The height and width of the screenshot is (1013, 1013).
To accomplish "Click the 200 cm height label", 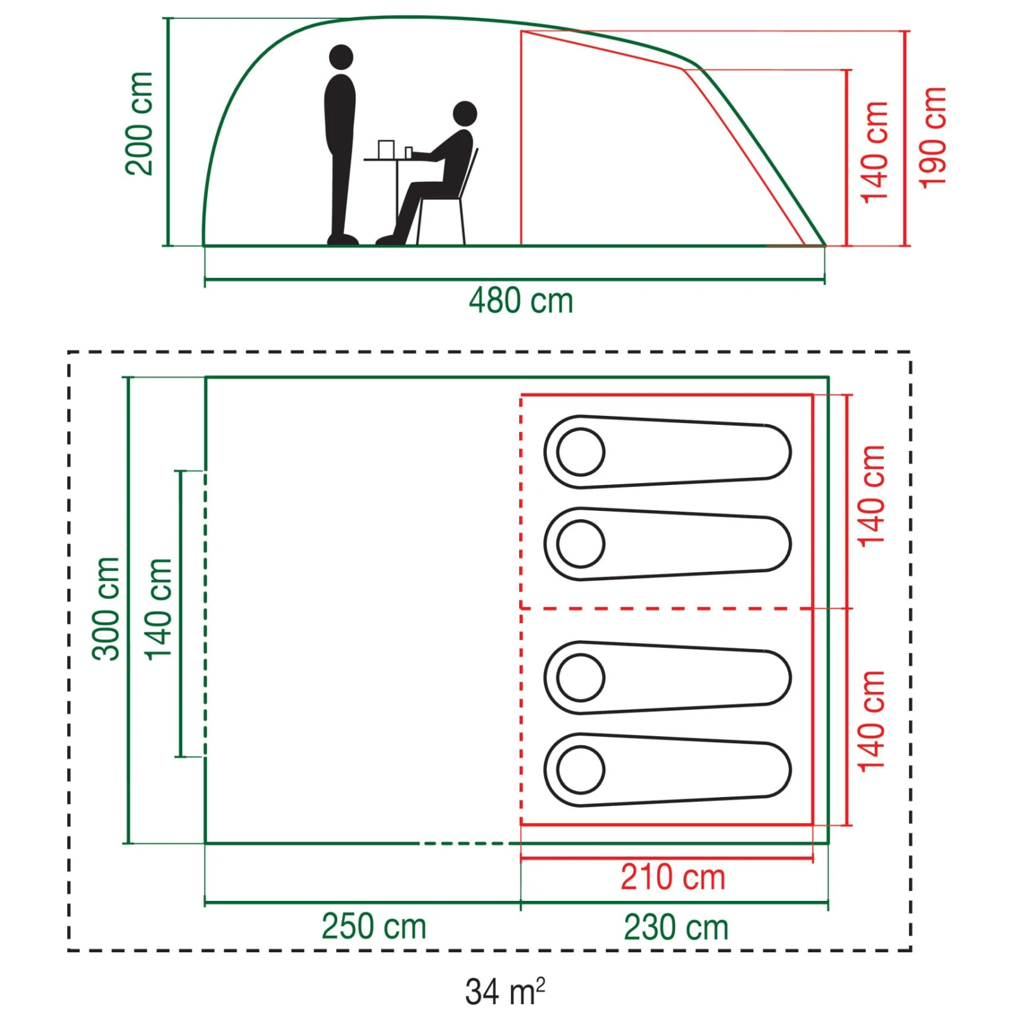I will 139,123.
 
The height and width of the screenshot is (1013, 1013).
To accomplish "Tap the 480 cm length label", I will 520,301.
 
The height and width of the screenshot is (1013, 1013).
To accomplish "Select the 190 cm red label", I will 933,138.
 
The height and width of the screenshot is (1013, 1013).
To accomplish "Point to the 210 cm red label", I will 672,878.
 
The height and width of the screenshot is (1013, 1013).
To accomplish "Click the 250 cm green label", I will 374,927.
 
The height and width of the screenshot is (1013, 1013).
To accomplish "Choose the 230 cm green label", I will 676,928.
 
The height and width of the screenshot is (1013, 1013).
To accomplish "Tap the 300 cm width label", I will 106,609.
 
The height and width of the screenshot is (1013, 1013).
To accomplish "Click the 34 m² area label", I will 505,991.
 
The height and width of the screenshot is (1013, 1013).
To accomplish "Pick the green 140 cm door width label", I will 158,609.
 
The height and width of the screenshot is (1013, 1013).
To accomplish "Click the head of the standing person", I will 341,57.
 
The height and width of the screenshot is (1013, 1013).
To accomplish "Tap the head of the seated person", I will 465,114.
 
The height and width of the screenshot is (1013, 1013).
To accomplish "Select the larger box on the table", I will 386,149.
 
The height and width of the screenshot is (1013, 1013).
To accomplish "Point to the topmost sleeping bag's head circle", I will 581,452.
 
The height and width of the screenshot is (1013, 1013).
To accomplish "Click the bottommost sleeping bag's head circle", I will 581,770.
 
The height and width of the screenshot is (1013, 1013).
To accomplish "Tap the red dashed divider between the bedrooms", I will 665,608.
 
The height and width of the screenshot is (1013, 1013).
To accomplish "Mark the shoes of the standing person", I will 343,239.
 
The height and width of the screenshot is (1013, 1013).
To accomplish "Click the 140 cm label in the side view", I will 875,152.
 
